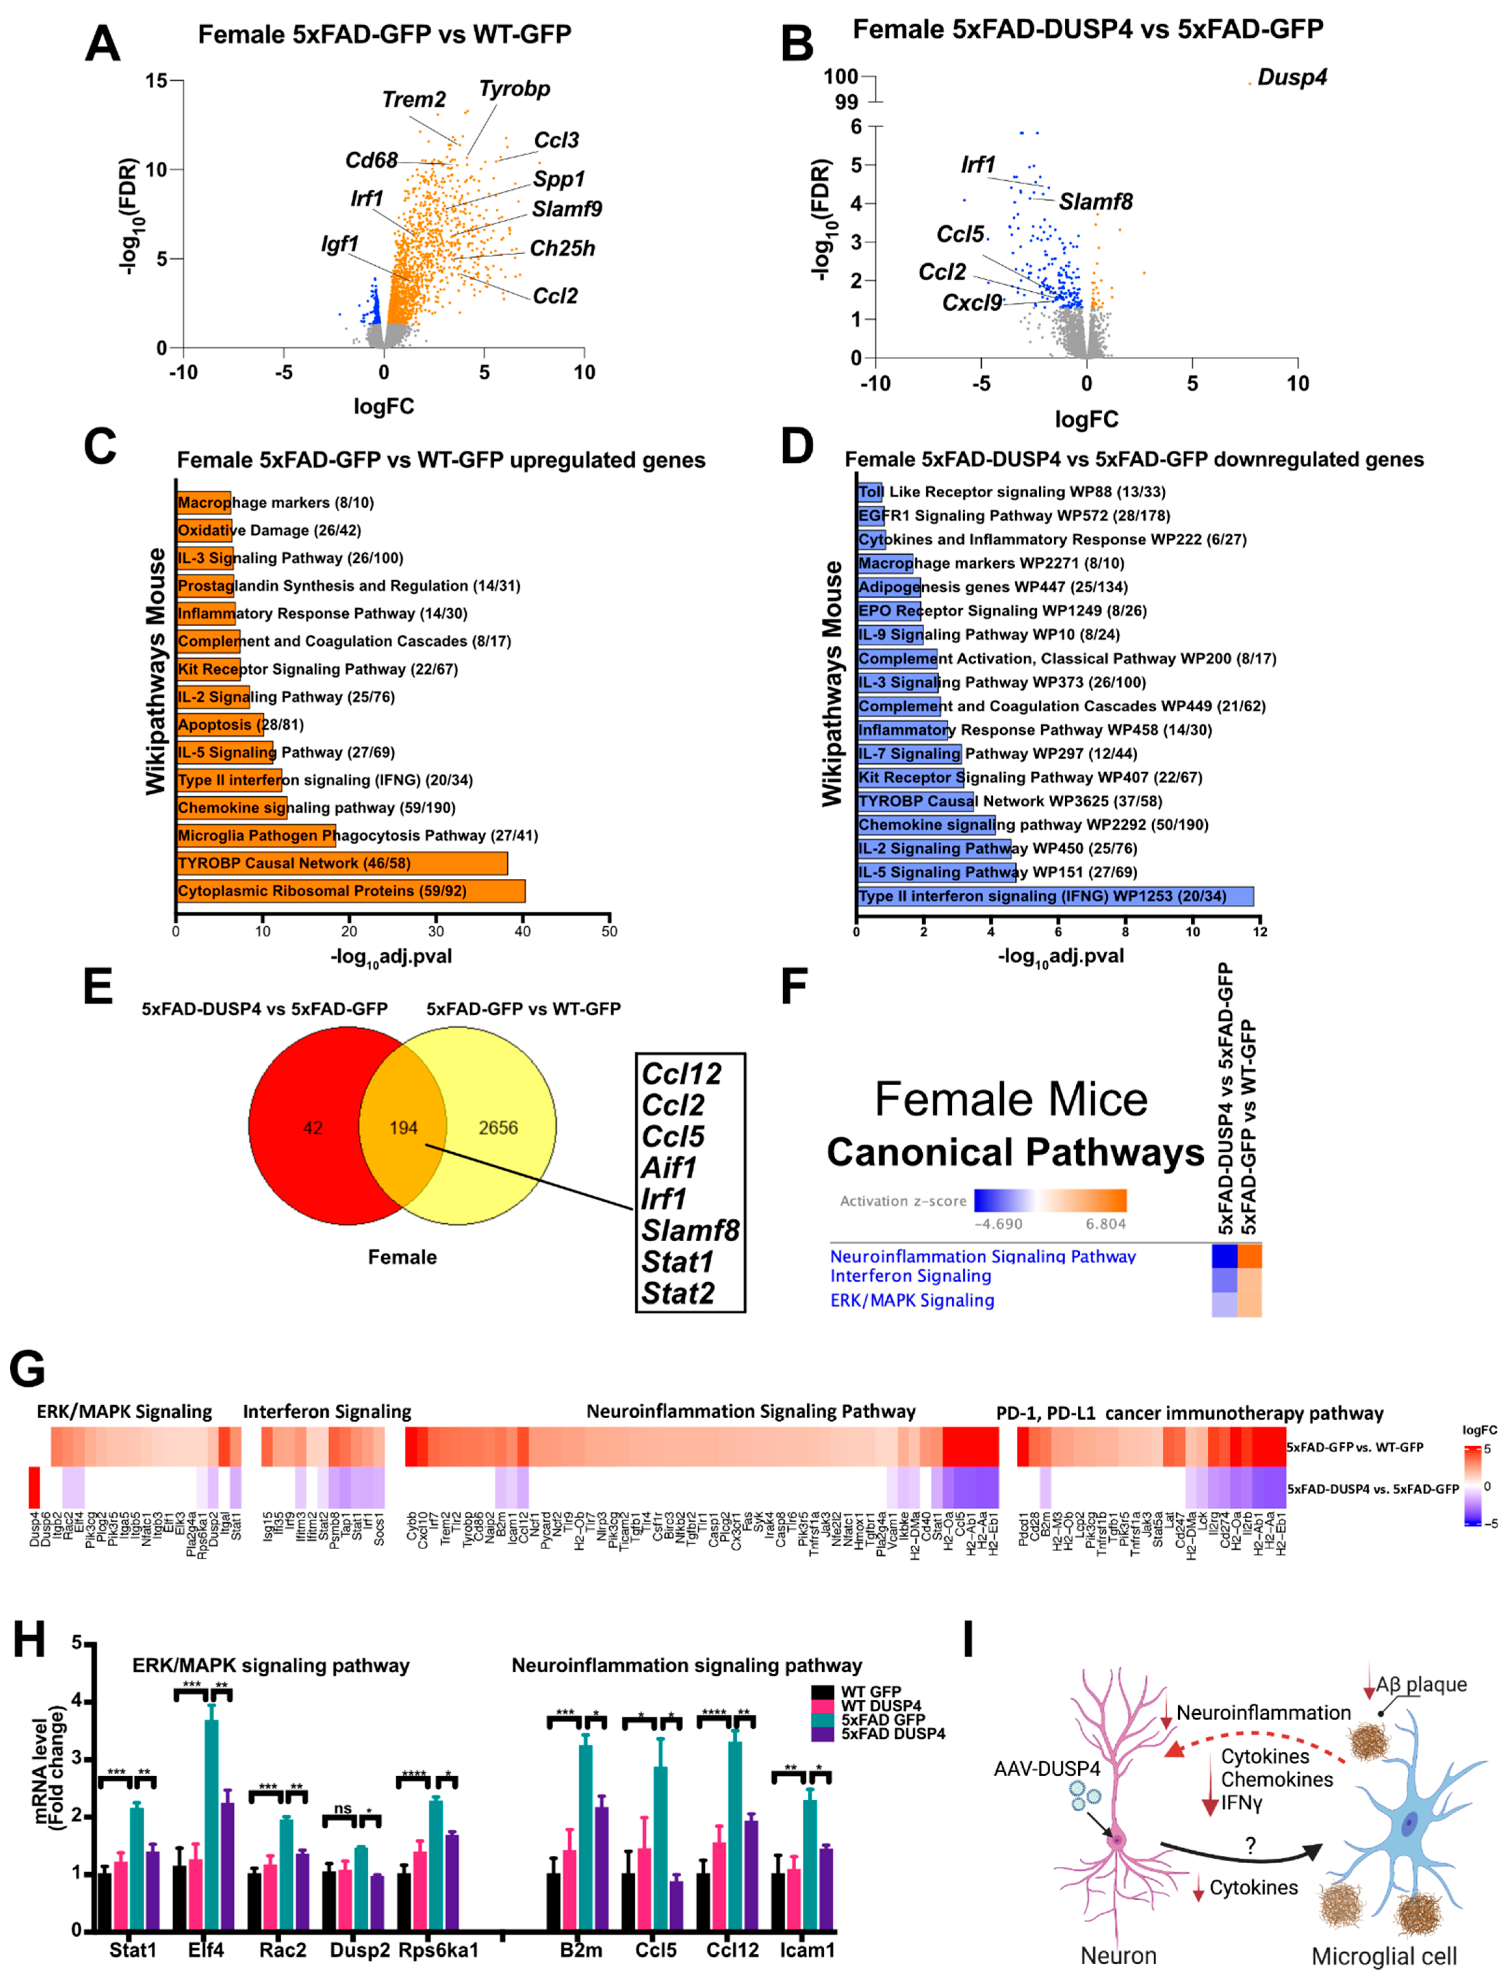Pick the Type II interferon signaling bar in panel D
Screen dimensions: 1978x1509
point(1055,896)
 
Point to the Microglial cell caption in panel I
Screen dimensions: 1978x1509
point(1384,1955)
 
